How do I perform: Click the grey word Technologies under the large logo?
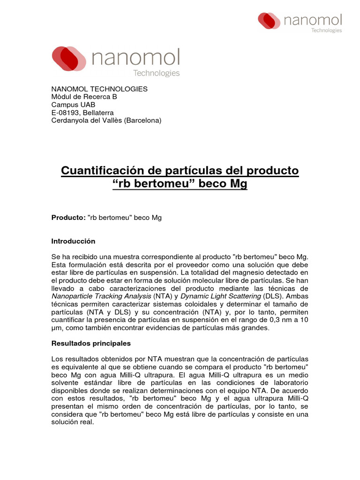click(157, 73)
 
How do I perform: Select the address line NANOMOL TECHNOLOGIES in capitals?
click(99, 89)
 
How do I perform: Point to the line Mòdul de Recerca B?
click(84, 97)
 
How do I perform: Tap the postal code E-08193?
click(65, 112)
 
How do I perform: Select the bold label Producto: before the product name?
click(68, 218)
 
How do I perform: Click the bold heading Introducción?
click(73, 241)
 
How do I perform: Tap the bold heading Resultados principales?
click(90, 344)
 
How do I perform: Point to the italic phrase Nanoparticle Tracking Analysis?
click(101, 296)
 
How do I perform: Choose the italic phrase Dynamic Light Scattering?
click(221, 296)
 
